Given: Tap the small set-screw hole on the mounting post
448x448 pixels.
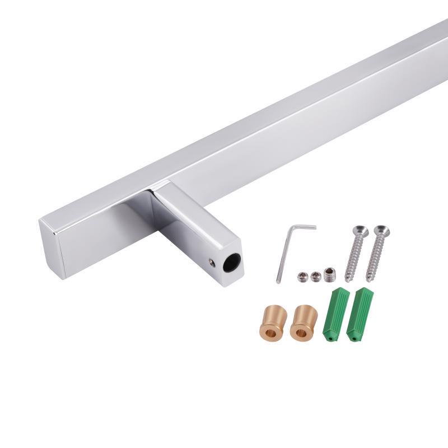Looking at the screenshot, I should pyautogui.click(x=212, y=260).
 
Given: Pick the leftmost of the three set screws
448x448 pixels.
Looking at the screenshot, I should pyautogui.click(x=303, y=276).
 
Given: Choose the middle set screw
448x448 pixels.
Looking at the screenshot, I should pyautogui.click(x=316, y=276).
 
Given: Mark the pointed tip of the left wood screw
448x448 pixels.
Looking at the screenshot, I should pyautogui.click(x=347, y=280).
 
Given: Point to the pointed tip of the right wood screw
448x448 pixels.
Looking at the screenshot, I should pyautogui.click(x=368, y=279).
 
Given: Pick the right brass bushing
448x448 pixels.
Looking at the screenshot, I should pyautogui.click(x=304, y=323).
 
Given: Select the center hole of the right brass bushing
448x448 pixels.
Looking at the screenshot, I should pyautogui.click(x=301, y=333).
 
